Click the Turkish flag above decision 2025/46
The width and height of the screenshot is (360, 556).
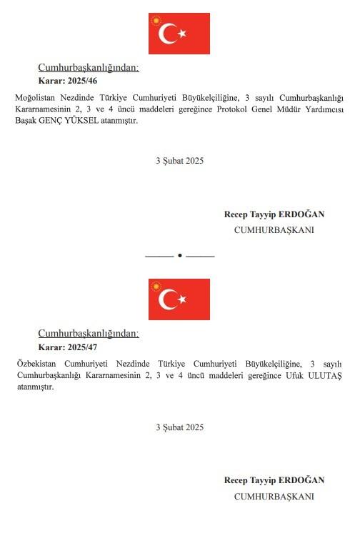pyautogui.click(x=179, y=34)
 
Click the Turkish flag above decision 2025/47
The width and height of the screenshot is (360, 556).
pyautogui.click(x=179, y=299)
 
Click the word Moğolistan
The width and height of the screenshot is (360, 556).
pyautogui.click(x=35, y=98)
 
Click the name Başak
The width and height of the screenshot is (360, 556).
pyautogui.click(x=26, y=121)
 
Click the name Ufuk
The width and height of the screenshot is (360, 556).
pyautogui.click(x=294, y=376)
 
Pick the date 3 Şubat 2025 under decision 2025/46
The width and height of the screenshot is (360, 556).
pyautogui.click(x=179, y=161)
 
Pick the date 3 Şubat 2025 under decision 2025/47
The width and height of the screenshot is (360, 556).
pyautogui.click(x=179, y=427)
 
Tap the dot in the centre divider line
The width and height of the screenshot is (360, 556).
pyautogui.click(x=179, y=255)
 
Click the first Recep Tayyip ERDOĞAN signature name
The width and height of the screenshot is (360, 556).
pyautogui.click(x=274, y=214)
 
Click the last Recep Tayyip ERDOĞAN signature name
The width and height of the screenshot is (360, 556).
pyautogui.click(x=274, y=480)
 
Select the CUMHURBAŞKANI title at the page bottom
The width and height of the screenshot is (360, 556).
pyautogui.click(x=274, y=497)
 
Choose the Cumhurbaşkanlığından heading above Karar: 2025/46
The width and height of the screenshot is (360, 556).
pyautogui.click(x=89, y=68)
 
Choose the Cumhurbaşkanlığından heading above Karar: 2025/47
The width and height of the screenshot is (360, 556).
pyautogui.click(x=89, y=334)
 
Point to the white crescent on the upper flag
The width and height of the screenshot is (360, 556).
pyautogui.click(x=169, y=34)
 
